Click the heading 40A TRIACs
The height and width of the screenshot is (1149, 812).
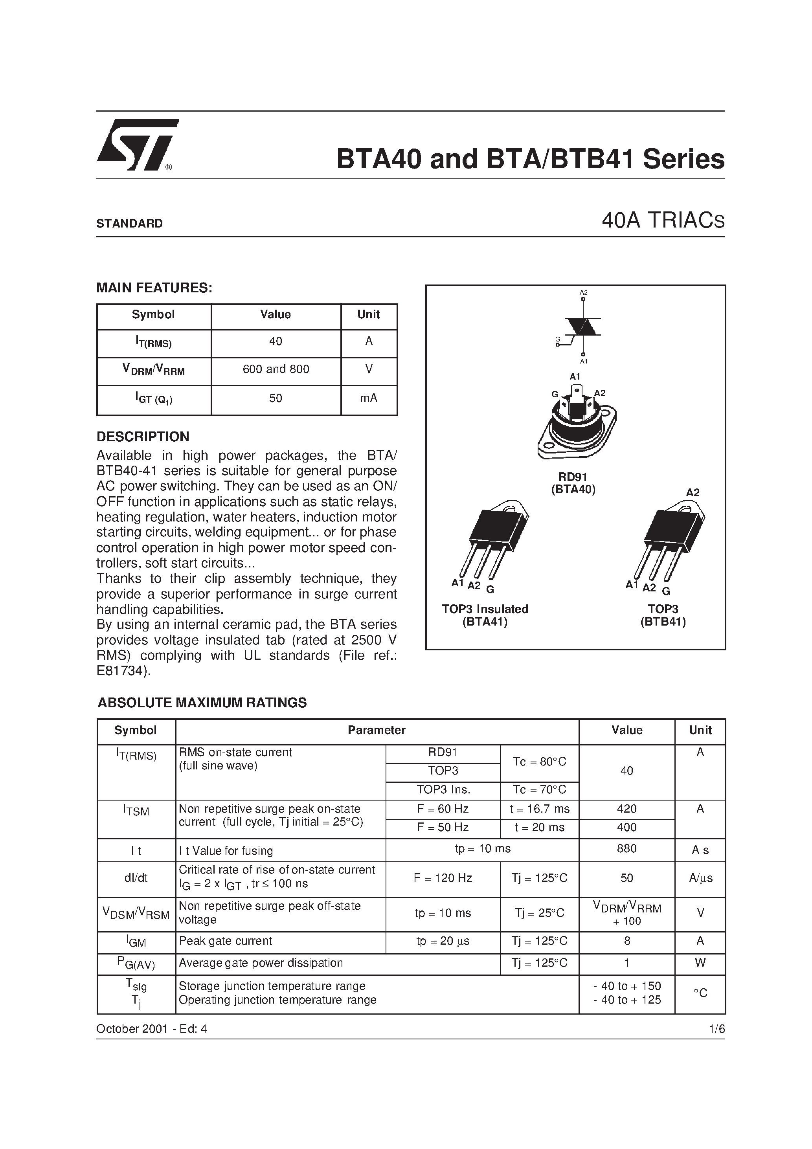coord(663,221)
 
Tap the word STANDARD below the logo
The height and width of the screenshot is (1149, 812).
coord(129,224)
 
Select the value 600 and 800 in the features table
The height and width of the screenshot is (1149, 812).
coord(276,369)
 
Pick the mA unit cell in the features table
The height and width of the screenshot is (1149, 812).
coord(368,398)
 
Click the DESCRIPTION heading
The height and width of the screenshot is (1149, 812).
coord(143,437)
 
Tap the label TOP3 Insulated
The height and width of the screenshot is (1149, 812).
coord(485,609)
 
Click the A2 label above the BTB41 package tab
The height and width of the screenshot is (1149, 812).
coord(693,492)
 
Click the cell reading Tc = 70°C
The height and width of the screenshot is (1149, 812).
coord(539,790)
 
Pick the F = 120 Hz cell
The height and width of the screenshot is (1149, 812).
coord(443,878)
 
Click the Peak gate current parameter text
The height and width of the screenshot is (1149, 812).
coord(225,941)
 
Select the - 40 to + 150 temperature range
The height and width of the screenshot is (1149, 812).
coord(627,986)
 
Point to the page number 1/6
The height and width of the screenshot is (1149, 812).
coord(717,1029)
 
